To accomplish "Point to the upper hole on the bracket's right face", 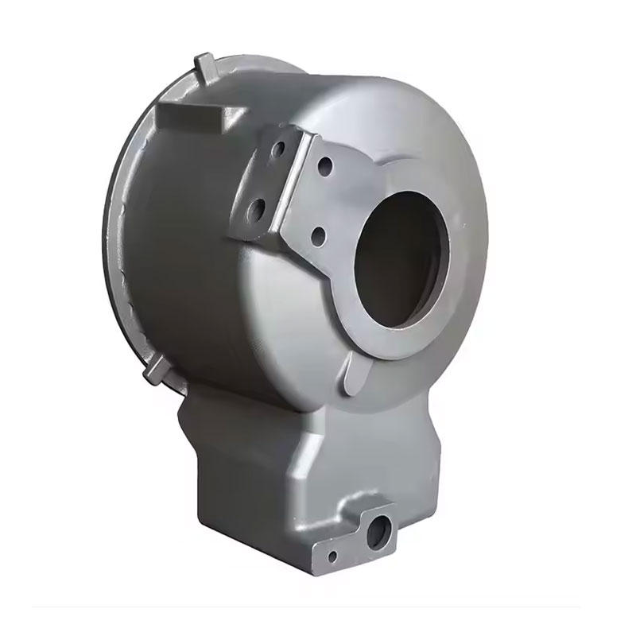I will pyautogui.click(x=327, y=168).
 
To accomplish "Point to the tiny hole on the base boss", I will pyautogui.click(x=333, y=556).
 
